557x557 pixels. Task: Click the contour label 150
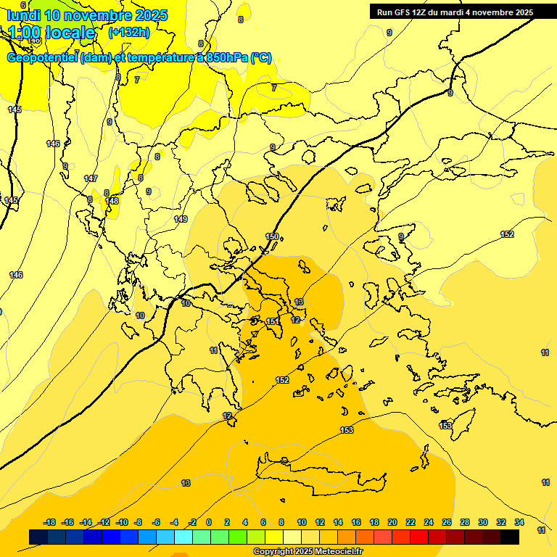[272, 236]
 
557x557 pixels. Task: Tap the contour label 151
[273, 321]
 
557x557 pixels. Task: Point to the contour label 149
[181, 219]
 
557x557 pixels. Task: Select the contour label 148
[112, 201]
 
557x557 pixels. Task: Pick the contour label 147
[91, 178]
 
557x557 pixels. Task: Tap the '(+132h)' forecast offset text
[129, 32]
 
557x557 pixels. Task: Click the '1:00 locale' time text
[51, 33]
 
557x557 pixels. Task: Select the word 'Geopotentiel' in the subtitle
[42, 58]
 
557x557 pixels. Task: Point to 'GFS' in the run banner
[401, 12]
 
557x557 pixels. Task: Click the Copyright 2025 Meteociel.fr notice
[308, 552]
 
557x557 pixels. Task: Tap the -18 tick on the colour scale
[50, 522]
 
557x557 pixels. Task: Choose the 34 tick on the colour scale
[519, 522]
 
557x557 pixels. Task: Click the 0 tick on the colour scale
[209, 522]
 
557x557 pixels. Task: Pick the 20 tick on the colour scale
[392, 522]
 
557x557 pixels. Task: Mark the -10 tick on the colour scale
[122, 522]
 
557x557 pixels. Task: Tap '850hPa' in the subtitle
[227, 58]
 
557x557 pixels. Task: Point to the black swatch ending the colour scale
[510, 537]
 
